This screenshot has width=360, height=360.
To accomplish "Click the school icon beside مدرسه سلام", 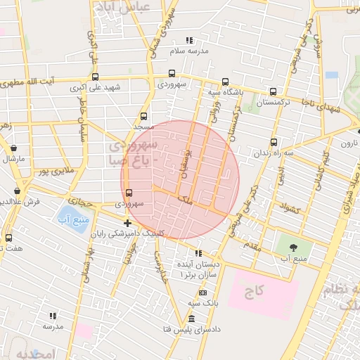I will click(x=188, y=41).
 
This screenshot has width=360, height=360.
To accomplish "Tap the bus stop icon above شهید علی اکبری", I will click(x=95, y=77).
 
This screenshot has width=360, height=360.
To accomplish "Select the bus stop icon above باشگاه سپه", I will click(x=225, y=82).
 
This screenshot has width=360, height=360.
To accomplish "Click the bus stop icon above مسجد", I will click(x=144, y=117).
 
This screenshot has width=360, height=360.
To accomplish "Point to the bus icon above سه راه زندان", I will click(x=274, y=141).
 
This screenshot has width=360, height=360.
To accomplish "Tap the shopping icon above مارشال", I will click(x=14, y=148).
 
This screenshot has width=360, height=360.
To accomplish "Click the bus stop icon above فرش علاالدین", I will click(x=18, y=191).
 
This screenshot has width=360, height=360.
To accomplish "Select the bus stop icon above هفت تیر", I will click(x=8, y=238).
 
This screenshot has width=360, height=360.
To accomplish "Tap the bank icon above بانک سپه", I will click(x=202, y=292).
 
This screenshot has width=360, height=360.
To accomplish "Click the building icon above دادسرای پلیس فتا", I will click(x=191, y=319).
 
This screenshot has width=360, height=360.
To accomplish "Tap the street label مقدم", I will click(x=251, y=247).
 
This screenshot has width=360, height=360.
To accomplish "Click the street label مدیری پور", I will click(x=56, y=171).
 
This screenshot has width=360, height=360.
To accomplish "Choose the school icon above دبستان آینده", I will click(x=198, y=253).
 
